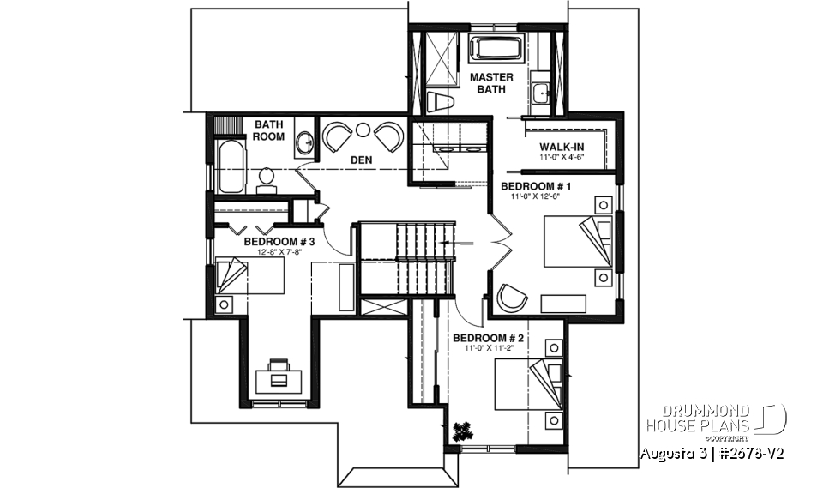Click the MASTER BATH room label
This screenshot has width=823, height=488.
491,82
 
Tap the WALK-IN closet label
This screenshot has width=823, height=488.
562,146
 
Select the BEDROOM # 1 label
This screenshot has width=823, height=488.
536,186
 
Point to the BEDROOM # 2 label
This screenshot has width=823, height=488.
488,338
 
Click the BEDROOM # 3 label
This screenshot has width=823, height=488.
279,241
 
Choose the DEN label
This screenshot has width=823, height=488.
359,160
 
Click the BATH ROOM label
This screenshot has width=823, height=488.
268,130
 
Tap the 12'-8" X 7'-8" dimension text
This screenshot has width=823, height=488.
279,251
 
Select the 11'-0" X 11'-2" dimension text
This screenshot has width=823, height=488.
488,349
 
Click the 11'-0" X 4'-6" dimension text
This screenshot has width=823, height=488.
562,158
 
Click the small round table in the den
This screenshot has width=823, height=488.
363,130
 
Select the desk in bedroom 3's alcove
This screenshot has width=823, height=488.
279,371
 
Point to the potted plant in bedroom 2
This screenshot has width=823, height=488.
463,428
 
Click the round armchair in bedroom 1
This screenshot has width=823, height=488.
513,297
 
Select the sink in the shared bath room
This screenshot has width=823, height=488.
304,142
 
